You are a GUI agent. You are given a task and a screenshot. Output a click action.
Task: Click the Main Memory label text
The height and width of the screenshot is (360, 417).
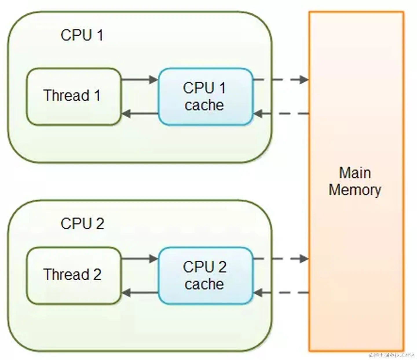(355, 181)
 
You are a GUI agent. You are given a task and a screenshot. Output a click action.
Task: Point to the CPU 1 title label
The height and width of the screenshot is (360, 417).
(82, 35)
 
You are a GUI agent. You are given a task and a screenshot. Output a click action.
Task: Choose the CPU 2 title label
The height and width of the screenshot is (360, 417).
(82, 223)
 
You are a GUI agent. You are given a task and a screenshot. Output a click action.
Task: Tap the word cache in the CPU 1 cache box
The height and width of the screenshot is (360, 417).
(204, 105)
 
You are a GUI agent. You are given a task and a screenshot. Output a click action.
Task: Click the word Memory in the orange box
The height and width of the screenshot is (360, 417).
(355, 190)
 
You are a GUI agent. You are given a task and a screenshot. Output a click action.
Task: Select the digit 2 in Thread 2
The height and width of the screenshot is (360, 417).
(97, 274)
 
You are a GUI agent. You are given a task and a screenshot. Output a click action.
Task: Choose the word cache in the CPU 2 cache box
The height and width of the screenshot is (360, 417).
(204, 284)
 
